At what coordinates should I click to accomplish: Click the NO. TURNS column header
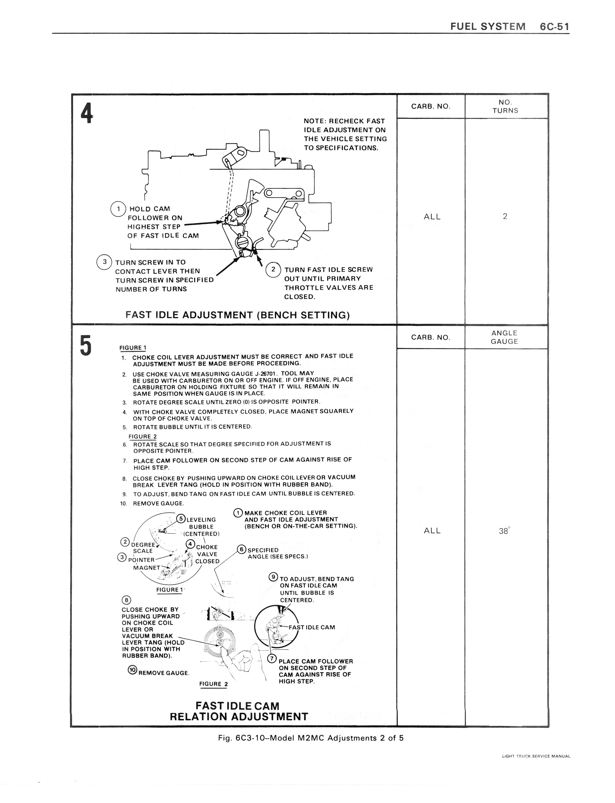click(x=505, y=106)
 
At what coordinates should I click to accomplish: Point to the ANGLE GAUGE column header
click(x=505, y=337)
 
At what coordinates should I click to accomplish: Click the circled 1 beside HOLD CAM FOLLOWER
click(x=118, y=209)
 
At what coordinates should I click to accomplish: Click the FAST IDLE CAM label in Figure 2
click(x=312, y=627)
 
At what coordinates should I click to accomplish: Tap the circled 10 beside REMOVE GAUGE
click(x=132, y=670)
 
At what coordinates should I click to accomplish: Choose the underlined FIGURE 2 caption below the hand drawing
click(x=213, y=684)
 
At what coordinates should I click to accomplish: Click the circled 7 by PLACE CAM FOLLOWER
click(x=272, y=659)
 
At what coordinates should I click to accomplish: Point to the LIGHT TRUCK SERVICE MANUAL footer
click(x=536, y=756)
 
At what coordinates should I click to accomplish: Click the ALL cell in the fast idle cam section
click(x=432, y=531)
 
